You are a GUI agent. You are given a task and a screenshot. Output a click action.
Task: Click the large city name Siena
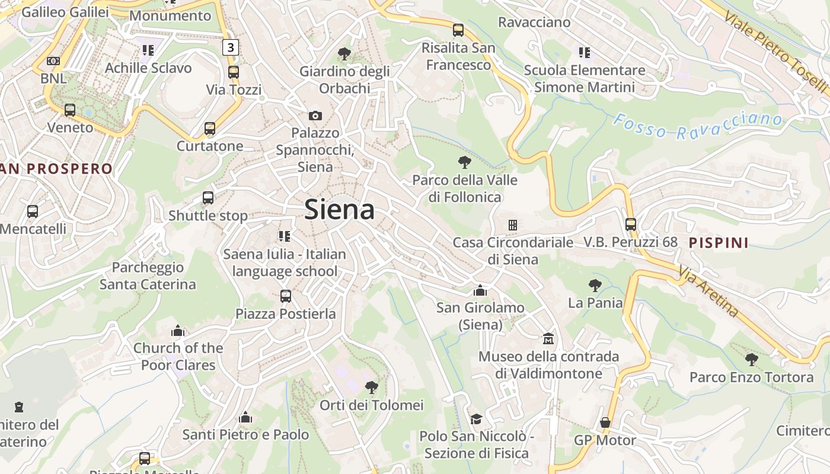[340, 210]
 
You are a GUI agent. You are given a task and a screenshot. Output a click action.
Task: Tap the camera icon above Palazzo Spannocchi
[315, 116]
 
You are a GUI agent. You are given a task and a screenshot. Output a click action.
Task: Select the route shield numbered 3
[231, 47]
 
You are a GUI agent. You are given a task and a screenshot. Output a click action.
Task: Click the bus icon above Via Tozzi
[234, 72]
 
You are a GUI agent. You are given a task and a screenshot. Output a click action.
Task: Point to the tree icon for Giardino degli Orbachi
[344, 54]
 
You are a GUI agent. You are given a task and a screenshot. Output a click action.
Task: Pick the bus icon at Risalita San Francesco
[458, 30]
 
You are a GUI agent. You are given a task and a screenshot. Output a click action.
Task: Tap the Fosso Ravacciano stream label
[697, 126]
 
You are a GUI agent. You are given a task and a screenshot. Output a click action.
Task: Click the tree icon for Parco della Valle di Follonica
[465, 162]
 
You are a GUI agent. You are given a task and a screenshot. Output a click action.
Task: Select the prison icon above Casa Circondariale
[513, 225]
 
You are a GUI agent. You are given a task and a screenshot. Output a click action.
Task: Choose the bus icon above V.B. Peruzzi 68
[631, 225]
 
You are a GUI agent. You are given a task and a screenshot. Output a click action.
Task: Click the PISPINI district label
[719, 242]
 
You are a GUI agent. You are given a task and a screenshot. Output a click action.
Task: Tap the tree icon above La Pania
[595, 286]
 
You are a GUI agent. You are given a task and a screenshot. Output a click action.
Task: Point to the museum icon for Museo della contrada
[548, 339]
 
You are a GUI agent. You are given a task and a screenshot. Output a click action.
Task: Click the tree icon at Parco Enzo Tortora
[752, 359]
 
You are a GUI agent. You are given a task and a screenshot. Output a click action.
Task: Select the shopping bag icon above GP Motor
[605, 422]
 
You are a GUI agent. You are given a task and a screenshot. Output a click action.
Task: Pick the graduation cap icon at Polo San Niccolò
[476, 419]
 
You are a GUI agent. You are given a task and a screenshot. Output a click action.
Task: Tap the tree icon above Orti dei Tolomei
[372, 387]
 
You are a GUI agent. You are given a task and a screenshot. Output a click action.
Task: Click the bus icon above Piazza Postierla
[286, 296]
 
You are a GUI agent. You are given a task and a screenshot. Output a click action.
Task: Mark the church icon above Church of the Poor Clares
[178, 331]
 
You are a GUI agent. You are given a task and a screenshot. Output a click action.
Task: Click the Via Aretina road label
[710, 292]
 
